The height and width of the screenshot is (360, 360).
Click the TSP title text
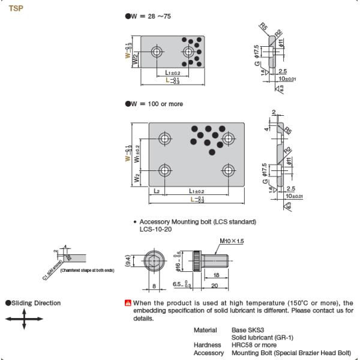pos(16,10)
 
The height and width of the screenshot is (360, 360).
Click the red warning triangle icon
pos(127,303)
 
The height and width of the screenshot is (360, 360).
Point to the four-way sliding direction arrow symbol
pos(25,322)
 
